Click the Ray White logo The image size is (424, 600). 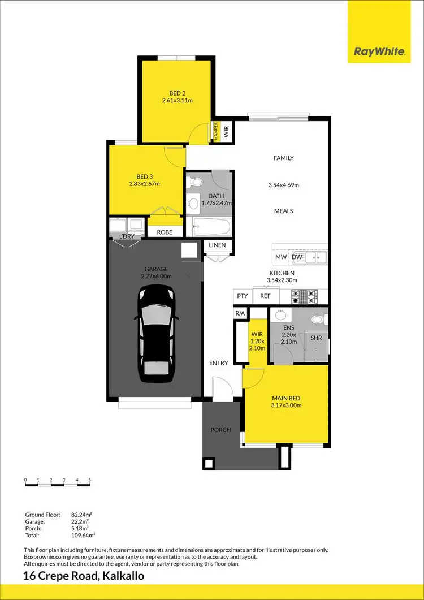[x=379, y=51]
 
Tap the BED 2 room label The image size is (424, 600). [x=176, y=93]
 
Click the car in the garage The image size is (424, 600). [x=154, y=331]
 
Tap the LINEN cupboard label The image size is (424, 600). [x=217, y=245]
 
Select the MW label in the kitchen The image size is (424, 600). [x=280, y=258]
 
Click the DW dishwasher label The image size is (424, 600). [x=297, y=258]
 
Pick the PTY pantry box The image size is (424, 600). [x=242, y=296]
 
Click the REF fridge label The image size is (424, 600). [x=265, y=296]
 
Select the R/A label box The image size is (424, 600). [x=240, y=313]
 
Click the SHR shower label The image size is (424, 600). [x=316, y=338]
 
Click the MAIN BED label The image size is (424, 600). [x=286, y=398]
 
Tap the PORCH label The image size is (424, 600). [x=220, y=430]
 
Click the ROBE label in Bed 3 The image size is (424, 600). [x=165, y=232]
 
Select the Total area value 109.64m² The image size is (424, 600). [x=83, y=534]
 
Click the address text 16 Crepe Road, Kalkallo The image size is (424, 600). [x=84, y=576]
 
